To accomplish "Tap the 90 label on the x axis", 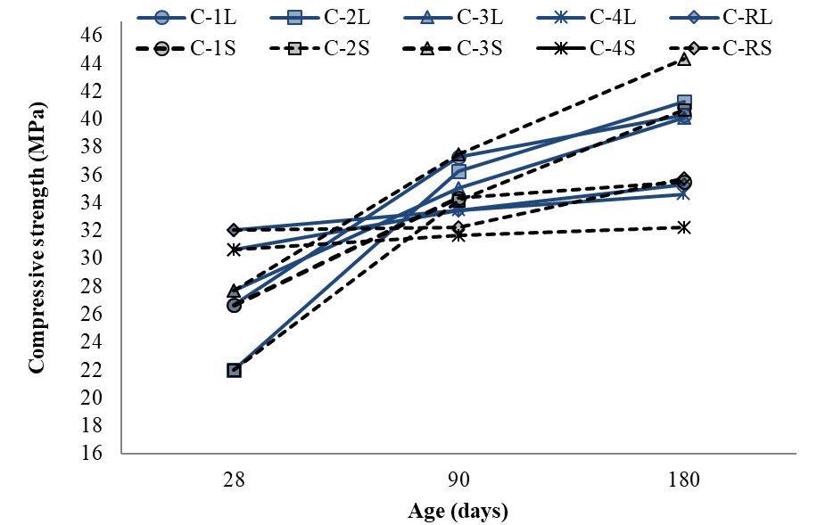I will pyautogui.click(x=458, y=480).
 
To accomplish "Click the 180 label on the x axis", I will pyautogui.click(x=683, y=480).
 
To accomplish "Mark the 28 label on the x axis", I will pyautogui.click(x=234, y=480).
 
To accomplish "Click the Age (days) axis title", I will pyautogui.click(x=458, y=512).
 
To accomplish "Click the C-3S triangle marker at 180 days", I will pyautogui.click(x=684, y=59).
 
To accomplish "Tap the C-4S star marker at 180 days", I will pyautogui.click(x=684, y=227).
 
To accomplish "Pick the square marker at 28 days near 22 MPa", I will pyautogui.click(x=234, y=370).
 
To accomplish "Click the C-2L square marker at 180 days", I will pyautogui.click(x=684, y=102).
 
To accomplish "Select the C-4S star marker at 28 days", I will pyautogui.click(x=234, y=250).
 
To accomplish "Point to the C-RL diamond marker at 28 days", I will pyautogui.click(x=234, y=230).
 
